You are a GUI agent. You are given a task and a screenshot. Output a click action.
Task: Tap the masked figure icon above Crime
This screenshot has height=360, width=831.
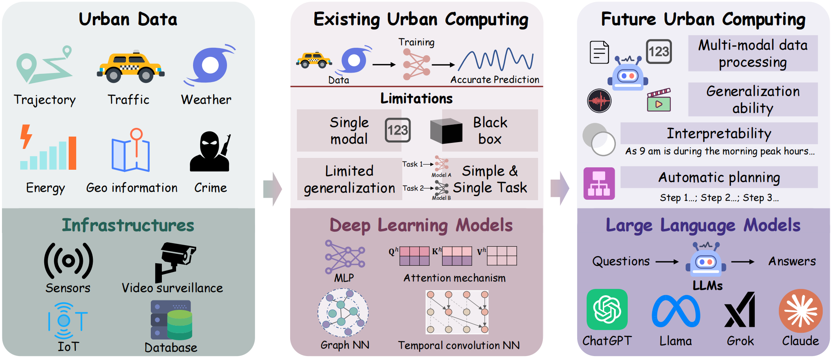(x=210, y=152)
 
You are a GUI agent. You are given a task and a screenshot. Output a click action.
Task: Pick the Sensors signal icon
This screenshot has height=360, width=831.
(x=68, y=261)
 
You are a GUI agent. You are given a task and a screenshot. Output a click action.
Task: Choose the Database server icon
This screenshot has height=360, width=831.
(x=171, y=320)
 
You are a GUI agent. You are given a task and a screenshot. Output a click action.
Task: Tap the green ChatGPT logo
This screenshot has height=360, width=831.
(x=607, y=309)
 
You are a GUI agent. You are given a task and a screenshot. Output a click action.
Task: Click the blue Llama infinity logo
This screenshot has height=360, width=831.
(x=676, y=311)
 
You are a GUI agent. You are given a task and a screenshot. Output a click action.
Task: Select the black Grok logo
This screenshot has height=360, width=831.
(x=740, y=310)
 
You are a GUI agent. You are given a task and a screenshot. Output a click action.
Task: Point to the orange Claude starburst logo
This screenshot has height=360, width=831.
(x=801, y=311)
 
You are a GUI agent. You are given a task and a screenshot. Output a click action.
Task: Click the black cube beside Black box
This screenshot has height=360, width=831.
(x=446, y=131)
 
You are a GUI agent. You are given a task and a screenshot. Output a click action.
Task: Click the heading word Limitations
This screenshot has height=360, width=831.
(x=416, y=98)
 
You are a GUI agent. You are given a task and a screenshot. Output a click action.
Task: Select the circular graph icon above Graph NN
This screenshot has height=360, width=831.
(x=343, y=313)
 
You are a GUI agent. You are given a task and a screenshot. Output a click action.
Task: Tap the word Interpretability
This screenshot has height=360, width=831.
(x=719, y=133)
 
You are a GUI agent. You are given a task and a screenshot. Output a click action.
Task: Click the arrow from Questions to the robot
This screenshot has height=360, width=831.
(x=667, y=261)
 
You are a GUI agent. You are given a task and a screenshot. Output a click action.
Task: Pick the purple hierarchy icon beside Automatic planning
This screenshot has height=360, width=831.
(x=599, y=183)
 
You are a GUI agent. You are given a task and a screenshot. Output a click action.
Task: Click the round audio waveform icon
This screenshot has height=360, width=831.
(x=599, y=101)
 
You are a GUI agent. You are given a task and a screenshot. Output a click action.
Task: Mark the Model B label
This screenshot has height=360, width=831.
(x=441, y=198)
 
